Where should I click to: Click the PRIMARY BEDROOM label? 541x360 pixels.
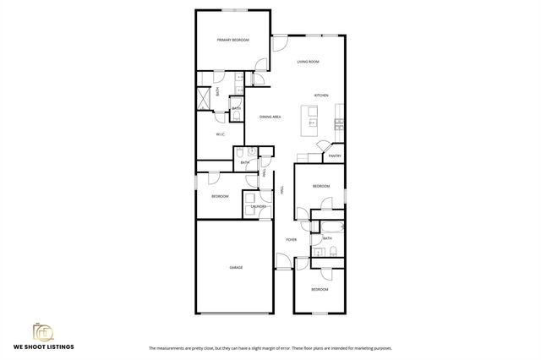point(232,40)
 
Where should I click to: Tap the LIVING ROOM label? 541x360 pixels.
point(308,62)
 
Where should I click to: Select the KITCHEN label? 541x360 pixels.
point(321,95)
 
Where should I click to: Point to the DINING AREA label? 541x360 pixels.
point(270,117)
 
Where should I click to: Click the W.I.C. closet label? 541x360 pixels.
point(220,134)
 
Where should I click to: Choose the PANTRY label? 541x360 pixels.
point(335,155)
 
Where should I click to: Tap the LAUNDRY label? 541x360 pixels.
point(259,206)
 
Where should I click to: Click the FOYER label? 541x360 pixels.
point(291,239)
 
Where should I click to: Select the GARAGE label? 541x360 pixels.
point(236,268)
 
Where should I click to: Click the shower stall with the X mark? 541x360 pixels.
point(205,98)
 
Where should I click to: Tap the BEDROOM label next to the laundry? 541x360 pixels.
point(220,196)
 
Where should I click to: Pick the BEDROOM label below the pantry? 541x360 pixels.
point(321,186)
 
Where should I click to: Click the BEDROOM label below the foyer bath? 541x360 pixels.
point(319,290)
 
